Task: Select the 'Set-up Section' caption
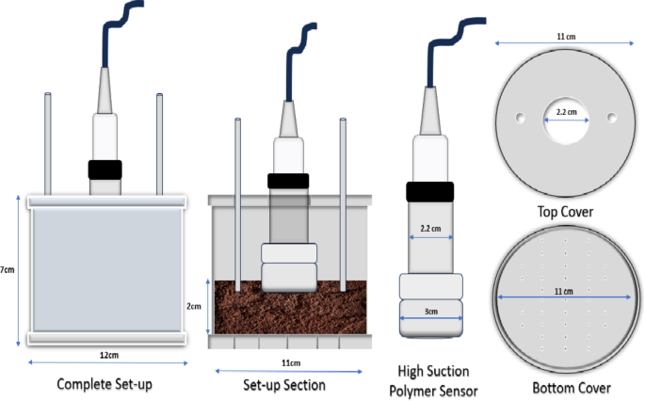point(283,384)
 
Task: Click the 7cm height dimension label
point(8,269)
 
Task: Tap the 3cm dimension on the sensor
point(431,308)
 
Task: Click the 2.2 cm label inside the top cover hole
point(565,111)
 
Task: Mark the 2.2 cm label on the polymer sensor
point(430,228)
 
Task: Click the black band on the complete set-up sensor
point(105,169)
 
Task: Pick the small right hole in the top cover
point(612,118)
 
